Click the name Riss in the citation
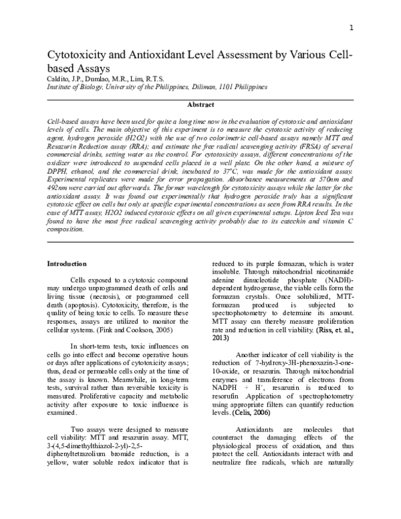(324, 330)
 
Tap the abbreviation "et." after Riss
(338, 330)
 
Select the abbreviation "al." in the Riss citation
(347, 330)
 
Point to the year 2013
(220, 338)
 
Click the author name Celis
(242, 413)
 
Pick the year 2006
(261, 413)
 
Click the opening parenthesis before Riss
(317, 330)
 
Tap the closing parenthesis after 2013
(229, 338)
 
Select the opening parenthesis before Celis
(233, 413)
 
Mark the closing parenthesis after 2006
(269, 413)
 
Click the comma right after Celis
(250, 415)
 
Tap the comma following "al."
(352, 332)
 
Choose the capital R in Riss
(321, 330)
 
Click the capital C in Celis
(237, 413)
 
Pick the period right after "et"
(341, 332)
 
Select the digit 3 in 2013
(225, 338)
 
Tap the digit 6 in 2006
(265, 413)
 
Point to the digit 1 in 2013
(221, 338)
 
